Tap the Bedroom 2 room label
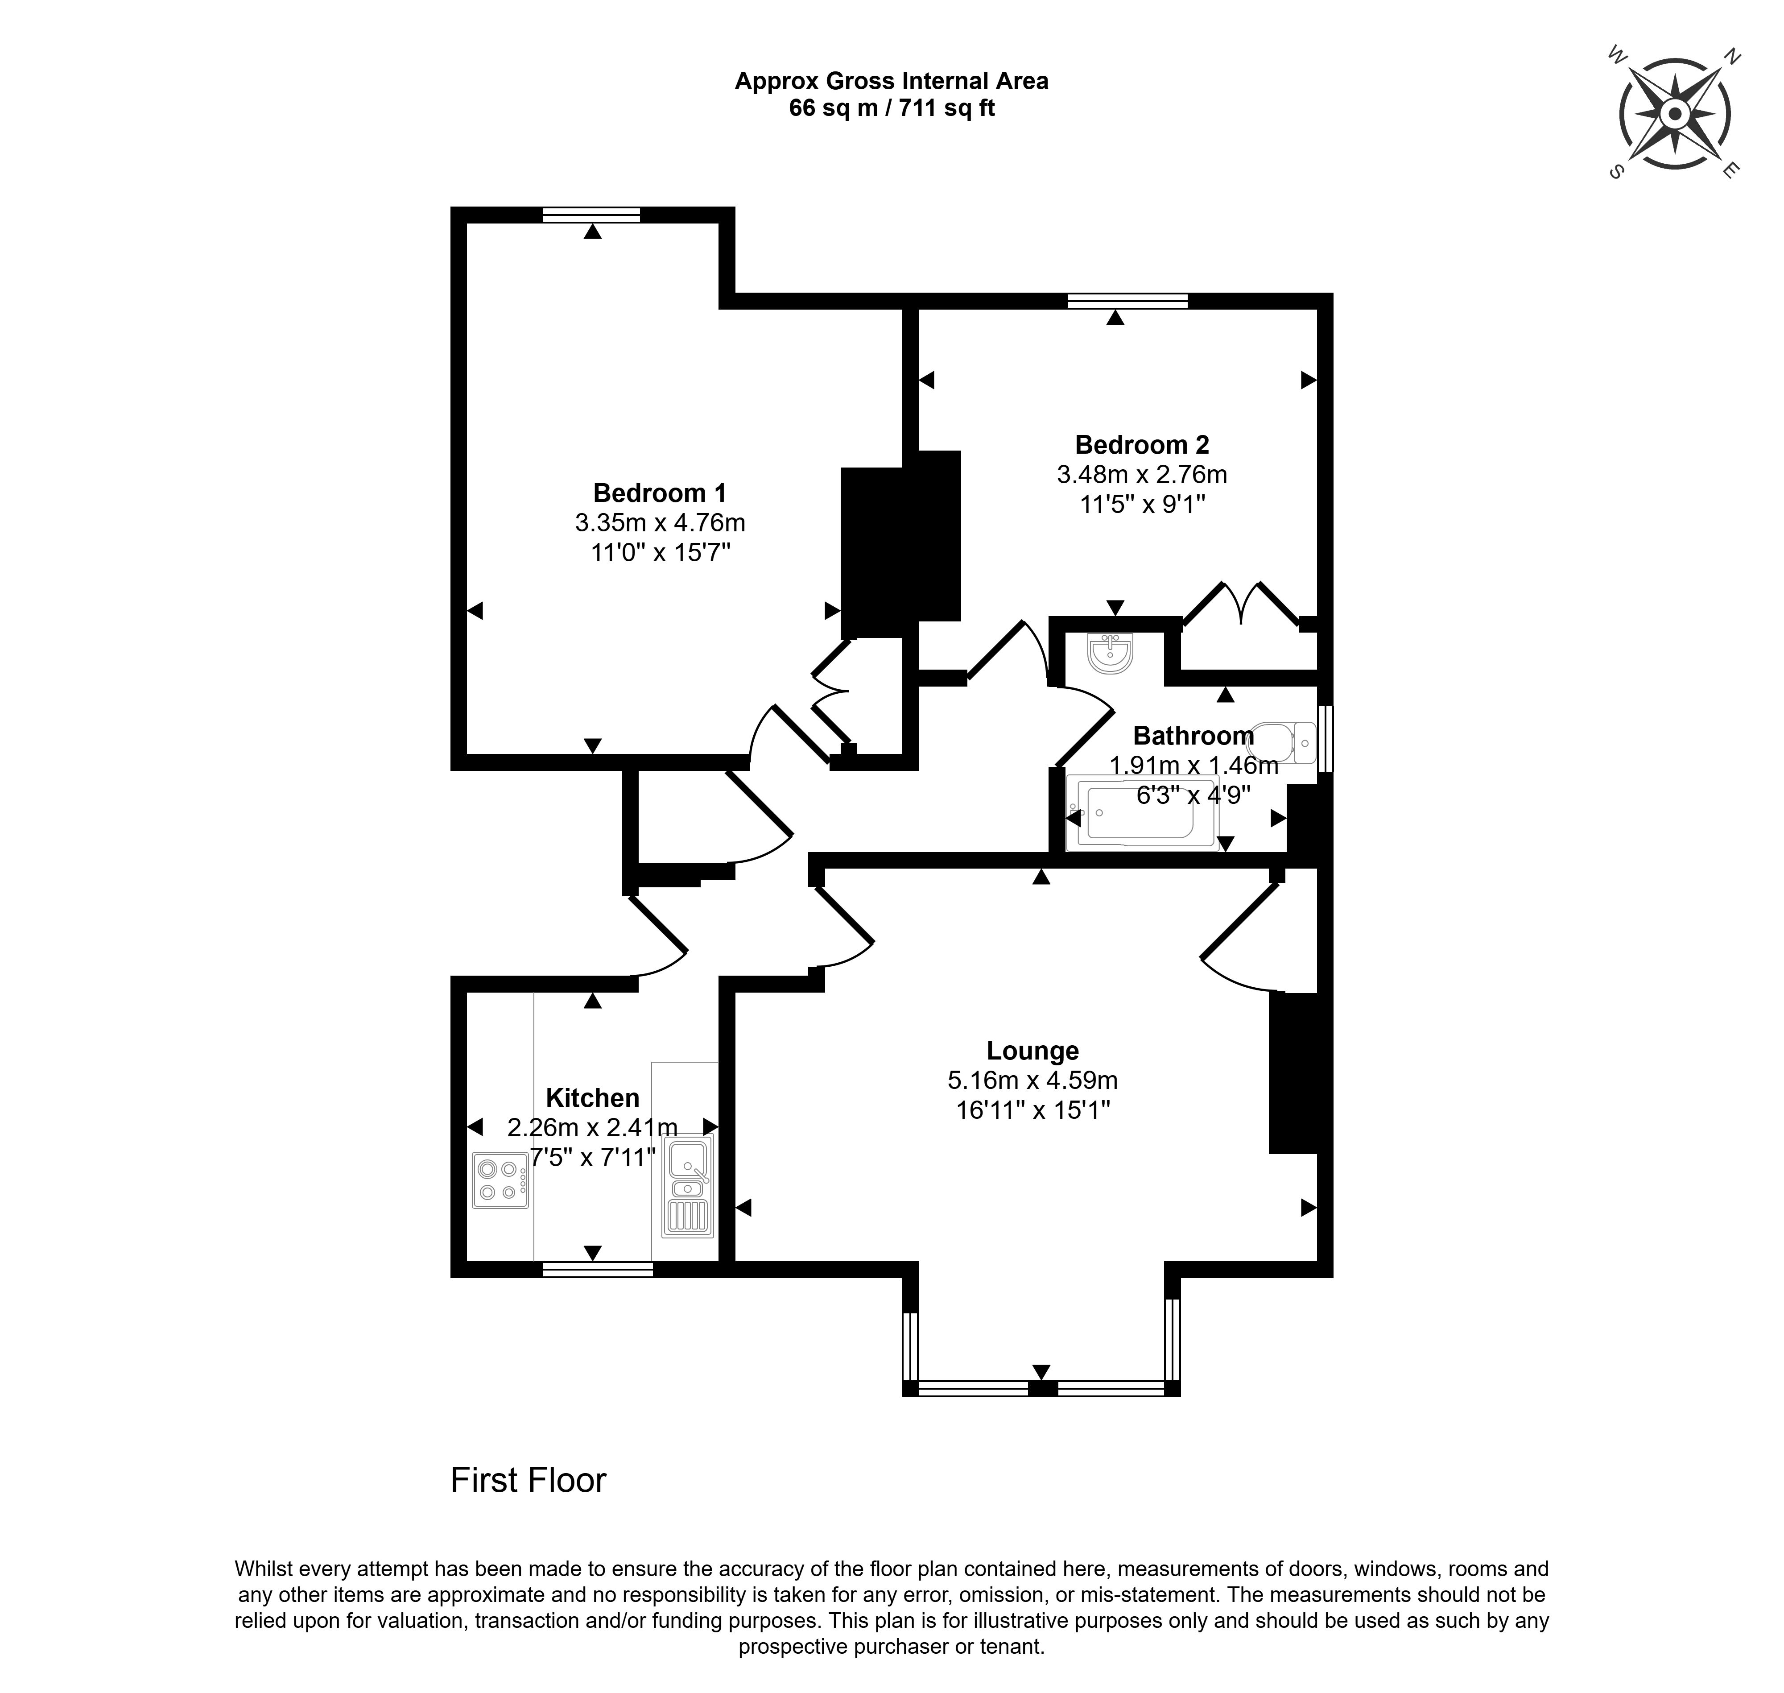[1141, 445]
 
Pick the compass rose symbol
[1674, 115]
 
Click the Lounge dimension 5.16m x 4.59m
[1032, 1080]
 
